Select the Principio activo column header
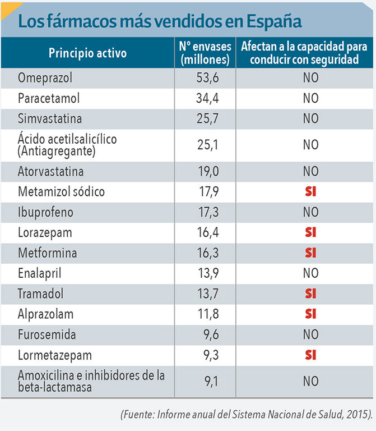[87, 53]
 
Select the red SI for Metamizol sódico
[310, 192]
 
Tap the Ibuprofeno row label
[45, 213]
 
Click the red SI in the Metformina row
[310, 253]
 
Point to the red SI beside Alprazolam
[310, 314]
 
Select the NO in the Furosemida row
[310, 335]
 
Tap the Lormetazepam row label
[55, 355]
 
